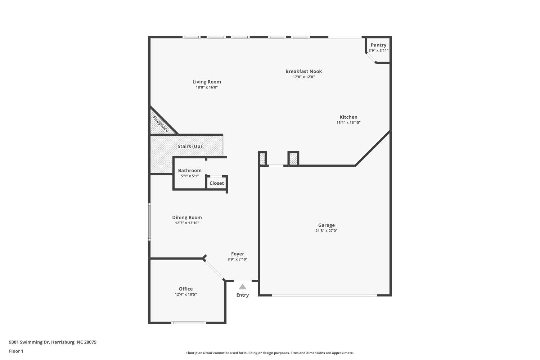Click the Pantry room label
[x=378, y=45]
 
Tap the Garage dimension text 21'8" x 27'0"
[x=327, y=231]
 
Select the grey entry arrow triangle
[x=243, y=287]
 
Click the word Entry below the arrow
[x=243, y=295]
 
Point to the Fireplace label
[x=161, y=124]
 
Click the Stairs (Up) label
[x=190, y=147]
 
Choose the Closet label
[x=216, y=183]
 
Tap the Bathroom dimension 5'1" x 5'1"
[x=190, y=176]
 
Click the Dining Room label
[x=187, y=217]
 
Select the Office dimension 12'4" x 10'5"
[x=186, y=294]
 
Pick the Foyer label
[x=238, y=254]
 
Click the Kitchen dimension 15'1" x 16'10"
[x=348, y=122]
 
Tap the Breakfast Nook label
[x=303, y=71]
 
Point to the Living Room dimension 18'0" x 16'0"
[x=207, y=87]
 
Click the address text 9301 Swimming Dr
[x=29, y=342]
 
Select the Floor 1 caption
[x=16, y=351]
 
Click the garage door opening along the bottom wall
[x=324, y=295]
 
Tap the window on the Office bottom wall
[x=189, y=323]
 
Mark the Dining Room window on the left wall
[x=149, y=222]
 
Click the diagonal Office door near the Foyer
[x=214, y=270]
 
